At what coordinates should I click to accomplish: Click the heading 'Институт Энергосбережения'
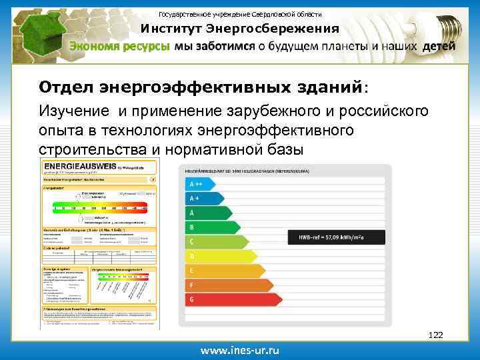point(239,29)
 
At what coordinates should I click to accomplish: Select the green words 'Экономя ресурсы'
point(121,47)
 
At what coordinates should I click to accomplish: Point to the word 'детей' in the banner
point(439,47)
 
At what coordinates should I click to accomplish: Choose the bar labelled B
point(213,227)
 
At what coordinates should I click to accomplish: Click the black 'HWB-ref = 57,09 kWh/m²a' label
point(335,237)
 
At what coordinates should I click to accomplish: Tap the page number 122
point(435,334)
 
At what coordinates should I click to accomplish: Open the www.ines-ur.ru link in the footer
point(241,350)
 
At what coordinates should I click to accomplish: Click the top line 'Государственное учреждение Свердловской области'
point(239,14)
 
